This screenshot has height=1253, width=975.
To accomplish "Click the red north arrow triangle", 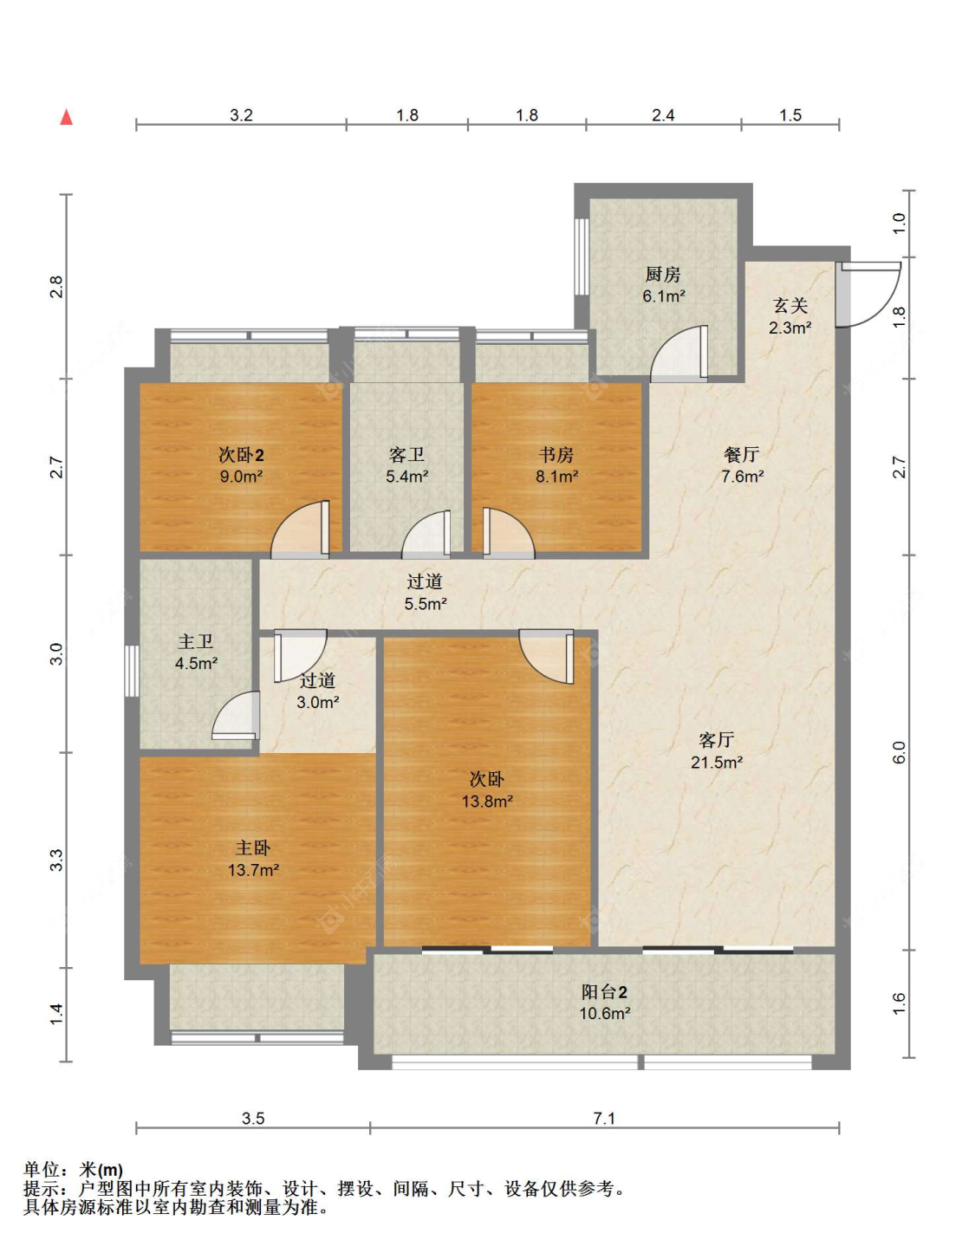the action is click(67, 117).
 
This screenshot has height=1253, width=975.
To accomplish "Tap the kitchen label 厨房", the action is click(663, 275).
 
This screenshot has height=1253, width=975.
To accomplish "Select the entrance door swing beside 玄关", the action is click(869, 295).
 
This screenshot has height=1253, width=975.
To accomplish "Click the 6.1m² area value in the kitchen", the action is click(664, 296).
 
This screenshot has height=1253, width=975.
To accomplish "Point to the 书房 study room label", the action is click(556, 455).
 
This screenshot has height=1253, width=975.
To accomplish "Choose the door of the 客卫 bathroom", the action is click(426, 535).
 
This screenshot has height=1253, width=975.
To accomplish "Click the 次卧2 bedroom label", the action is click(241, 455).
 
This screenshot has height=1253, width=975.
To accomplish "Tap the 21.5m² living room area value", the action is click(716, 763).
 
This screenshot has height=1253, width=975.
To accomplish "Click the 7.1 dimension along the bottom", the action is click(604, 1118).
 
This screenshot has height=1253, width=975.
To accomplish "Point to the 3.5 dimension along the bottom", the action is click(252, 1118).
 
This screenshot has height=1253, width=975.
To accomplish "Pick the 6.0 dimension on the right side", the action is click(899, 752).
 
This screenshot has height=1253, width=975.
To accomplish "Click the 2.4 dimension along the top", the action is click(663, 115).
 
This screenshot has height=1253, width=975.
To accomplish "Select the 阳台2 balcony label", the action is click(604, 992).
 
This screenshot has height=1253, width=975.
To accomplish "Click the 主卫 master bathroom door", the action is click(236, 715).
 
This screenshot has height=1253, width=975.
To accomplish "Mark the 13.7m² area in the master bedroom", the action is click(253, 869).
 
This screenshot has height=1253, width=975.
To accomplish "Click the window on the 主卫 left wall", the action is click(132, 671).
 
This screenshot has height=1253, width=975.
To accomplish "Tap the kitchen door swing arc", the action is click(679, 354).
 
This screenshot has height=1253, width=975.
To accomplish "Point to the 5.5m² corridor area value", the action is click(426, 604).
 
